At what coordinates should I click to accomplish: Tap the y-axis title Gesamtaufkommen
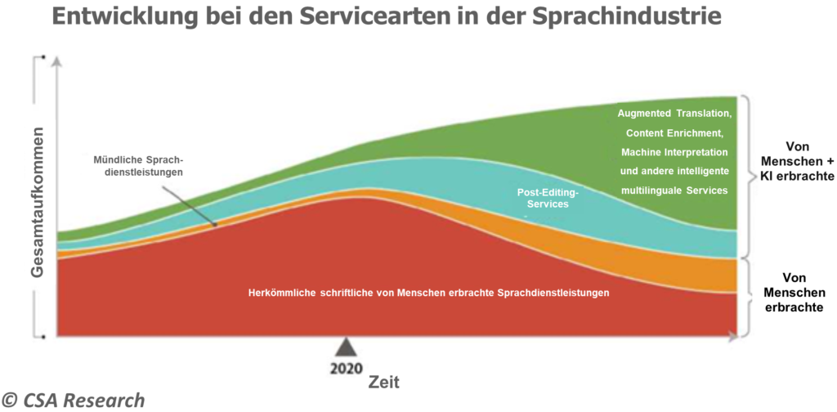click(37, 204)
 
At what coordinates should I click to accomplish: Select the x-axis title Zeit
click(383, 381)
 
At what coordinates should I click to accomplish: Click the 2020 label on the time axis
click(347, 368)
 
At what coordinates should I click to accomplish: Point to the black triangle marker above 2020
click(347, 347)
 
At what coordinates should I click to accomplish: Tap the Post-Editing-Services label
click(548, 198)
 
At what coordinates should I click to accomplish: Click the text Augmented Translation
click(674, 113)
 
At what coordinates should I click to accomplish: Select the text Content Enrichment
click(675, 132)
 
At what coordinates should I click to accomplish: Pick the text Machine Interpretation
click(674, 152)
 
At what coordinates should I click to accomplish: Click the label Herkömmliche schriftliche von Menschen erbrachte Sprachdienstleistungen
click(428, 292)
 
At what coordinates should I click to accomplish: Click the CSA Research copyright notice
click(73, 400)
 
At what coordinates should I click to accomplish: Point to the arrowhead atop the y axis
click(56, 60)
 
